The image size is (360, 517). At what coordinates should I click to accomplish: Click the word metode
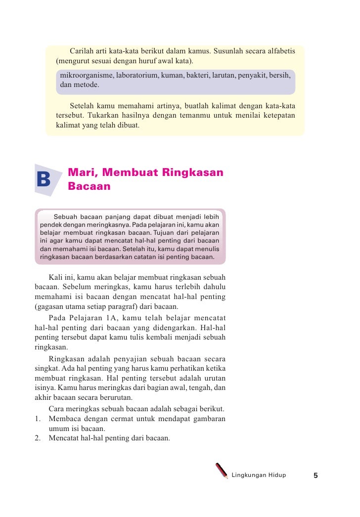(x=87, y=85)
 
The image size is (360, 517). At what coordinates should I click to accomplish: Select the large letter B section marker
(x=44, y=180)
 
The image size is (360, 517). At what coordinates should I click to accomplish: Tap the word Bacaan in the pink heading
(x=89, y=187)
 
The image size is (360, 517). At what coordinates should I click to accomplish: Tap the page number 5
(x=315, y=475)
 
